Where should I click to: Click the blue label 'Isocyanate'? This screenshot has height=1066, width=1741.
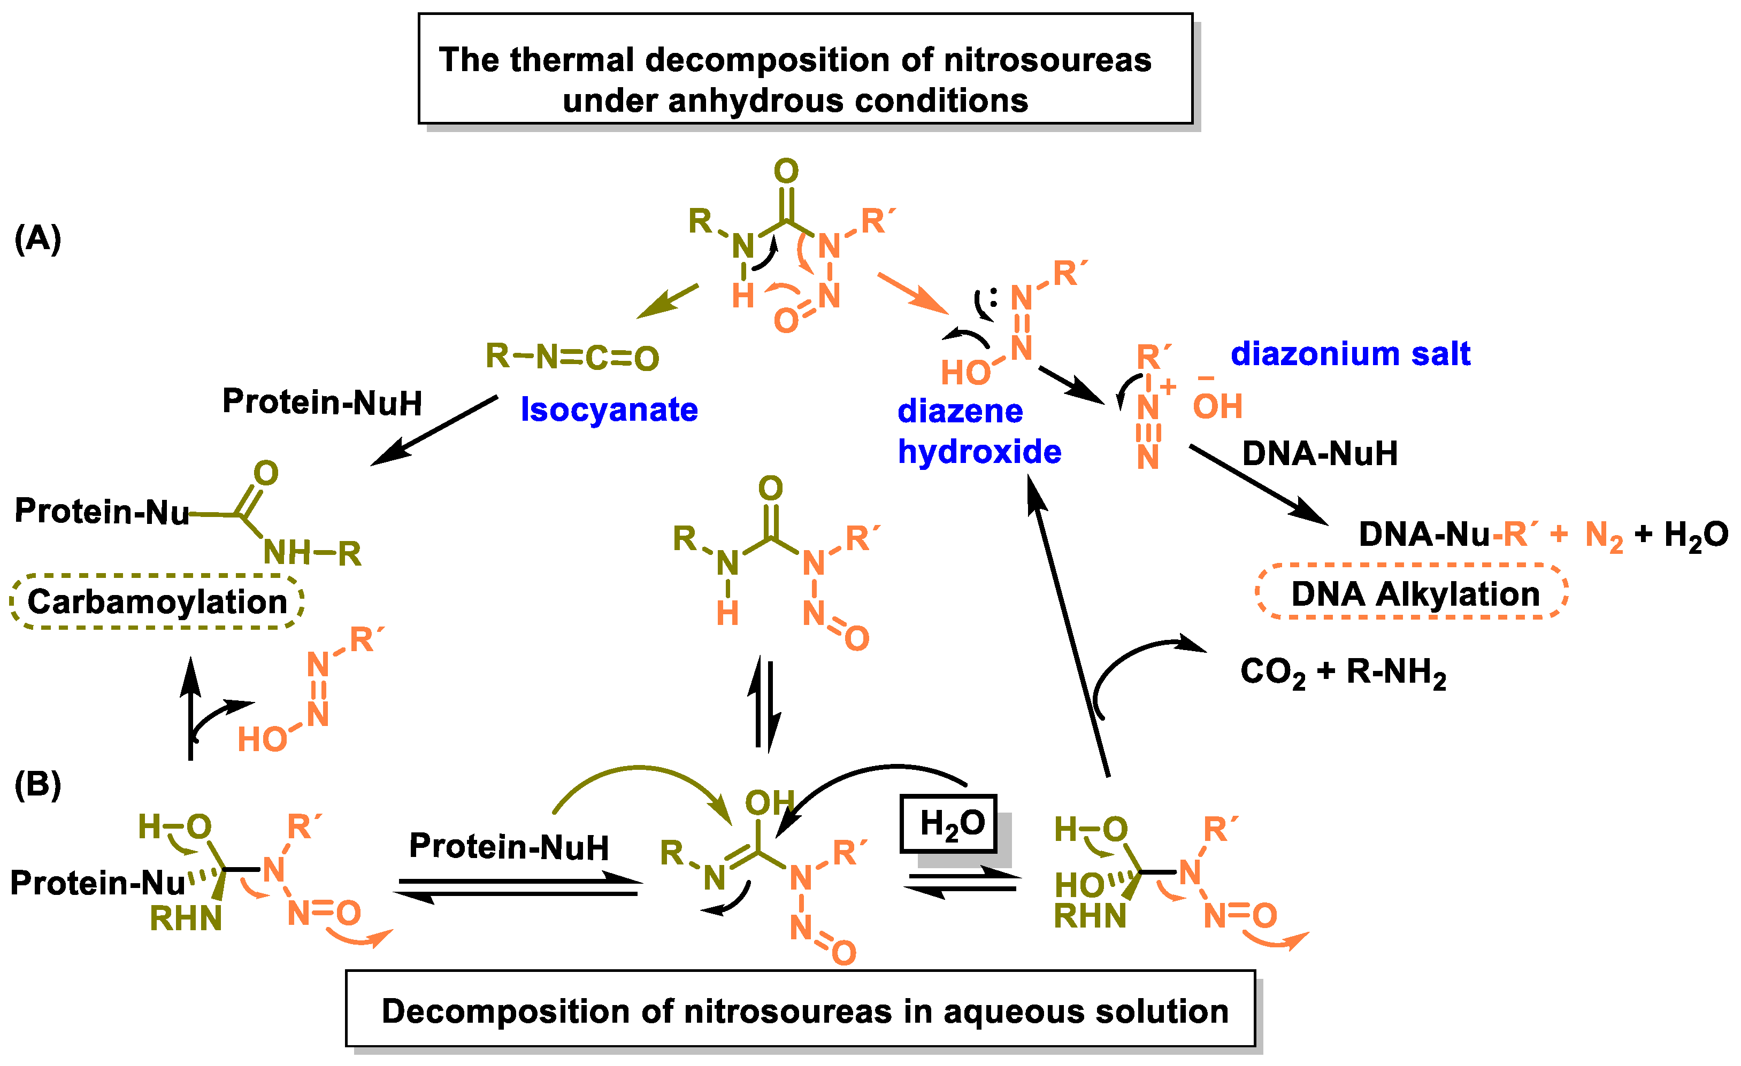[x=609, y=410]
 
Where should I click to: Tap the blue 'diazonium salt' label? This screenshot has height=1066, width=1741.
[x=1350, y=353]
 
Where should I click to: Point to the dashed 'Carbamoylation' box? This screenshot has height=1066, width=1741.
[x=157, y=602]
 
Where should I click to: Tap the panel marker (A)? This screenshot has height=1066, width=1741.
[x=38, y=239]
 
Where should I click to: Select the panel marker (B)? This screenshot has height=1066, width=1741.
[x=38, y=784]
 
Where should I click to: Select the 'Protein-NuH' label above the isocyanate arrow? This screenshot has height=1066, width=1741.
[x=322, y=402]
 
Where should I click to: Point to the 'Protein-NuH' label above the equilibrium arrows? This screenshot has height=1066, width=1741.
[x=509, y=846]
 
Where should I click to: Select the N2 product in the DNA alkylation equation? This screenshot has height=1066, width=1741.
[x=1603, y=536]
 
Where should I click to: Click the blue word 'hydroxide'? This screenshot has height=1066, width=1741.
[x=979, y=452]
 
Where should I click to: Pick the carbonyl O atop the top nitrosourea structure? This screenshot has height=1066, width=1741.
[x=786, y=171]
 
